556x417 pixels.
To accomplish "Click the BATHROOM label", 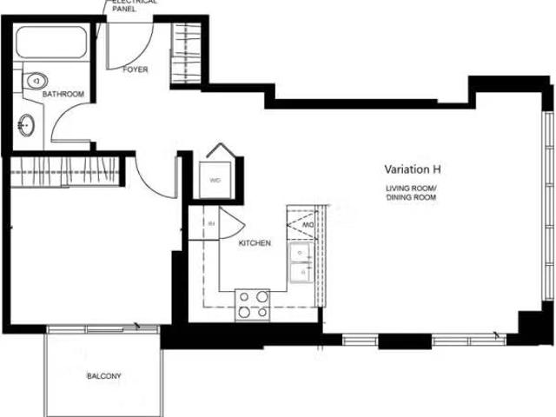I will [x=64, y=94].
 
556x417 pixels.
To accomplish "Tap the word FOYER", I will [x=135, y=69].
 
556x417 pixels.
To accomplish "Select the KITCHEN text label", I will [x=255, y=243].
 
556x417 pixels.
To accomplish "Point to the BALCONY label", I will [x=103, y=376].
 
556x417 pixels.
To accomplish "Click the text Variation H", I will [x=414, y=169].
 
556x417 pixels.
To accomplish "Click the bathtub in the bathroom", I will [x=50, y=44].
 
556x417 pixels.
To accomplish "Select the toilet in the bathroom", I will [x=33, y=81].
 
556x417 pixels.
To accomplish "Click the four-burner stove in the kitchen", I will [x=253, y=304].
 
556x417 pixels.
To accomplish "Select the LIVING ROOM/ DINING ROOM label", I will [x=412, y=193].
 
